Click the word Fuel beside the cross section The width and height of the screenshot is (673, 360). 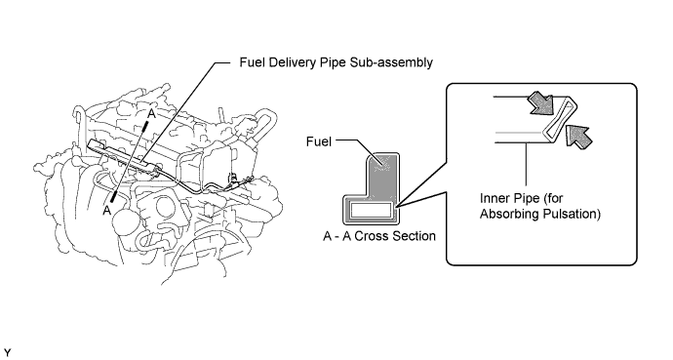coord(319,141)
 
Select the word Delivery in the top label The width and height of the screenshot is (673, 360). coord(294,62)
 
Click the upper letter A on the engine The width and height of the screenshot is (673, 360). coord(150,114)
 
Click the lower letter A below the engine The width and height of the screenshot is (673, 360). coord(107,211)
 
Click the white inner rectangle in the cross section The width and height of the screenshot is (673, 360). coord(372,210)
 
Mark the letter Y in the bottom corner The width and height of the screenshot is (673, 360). coord(7,353)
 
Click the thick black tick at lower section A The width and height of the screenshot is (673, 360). coord(114,196)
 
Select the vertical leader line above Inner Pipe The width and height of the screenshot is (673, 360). coord(527,164)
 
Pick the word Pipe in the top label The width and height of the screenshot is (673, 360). coord(334,62)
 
